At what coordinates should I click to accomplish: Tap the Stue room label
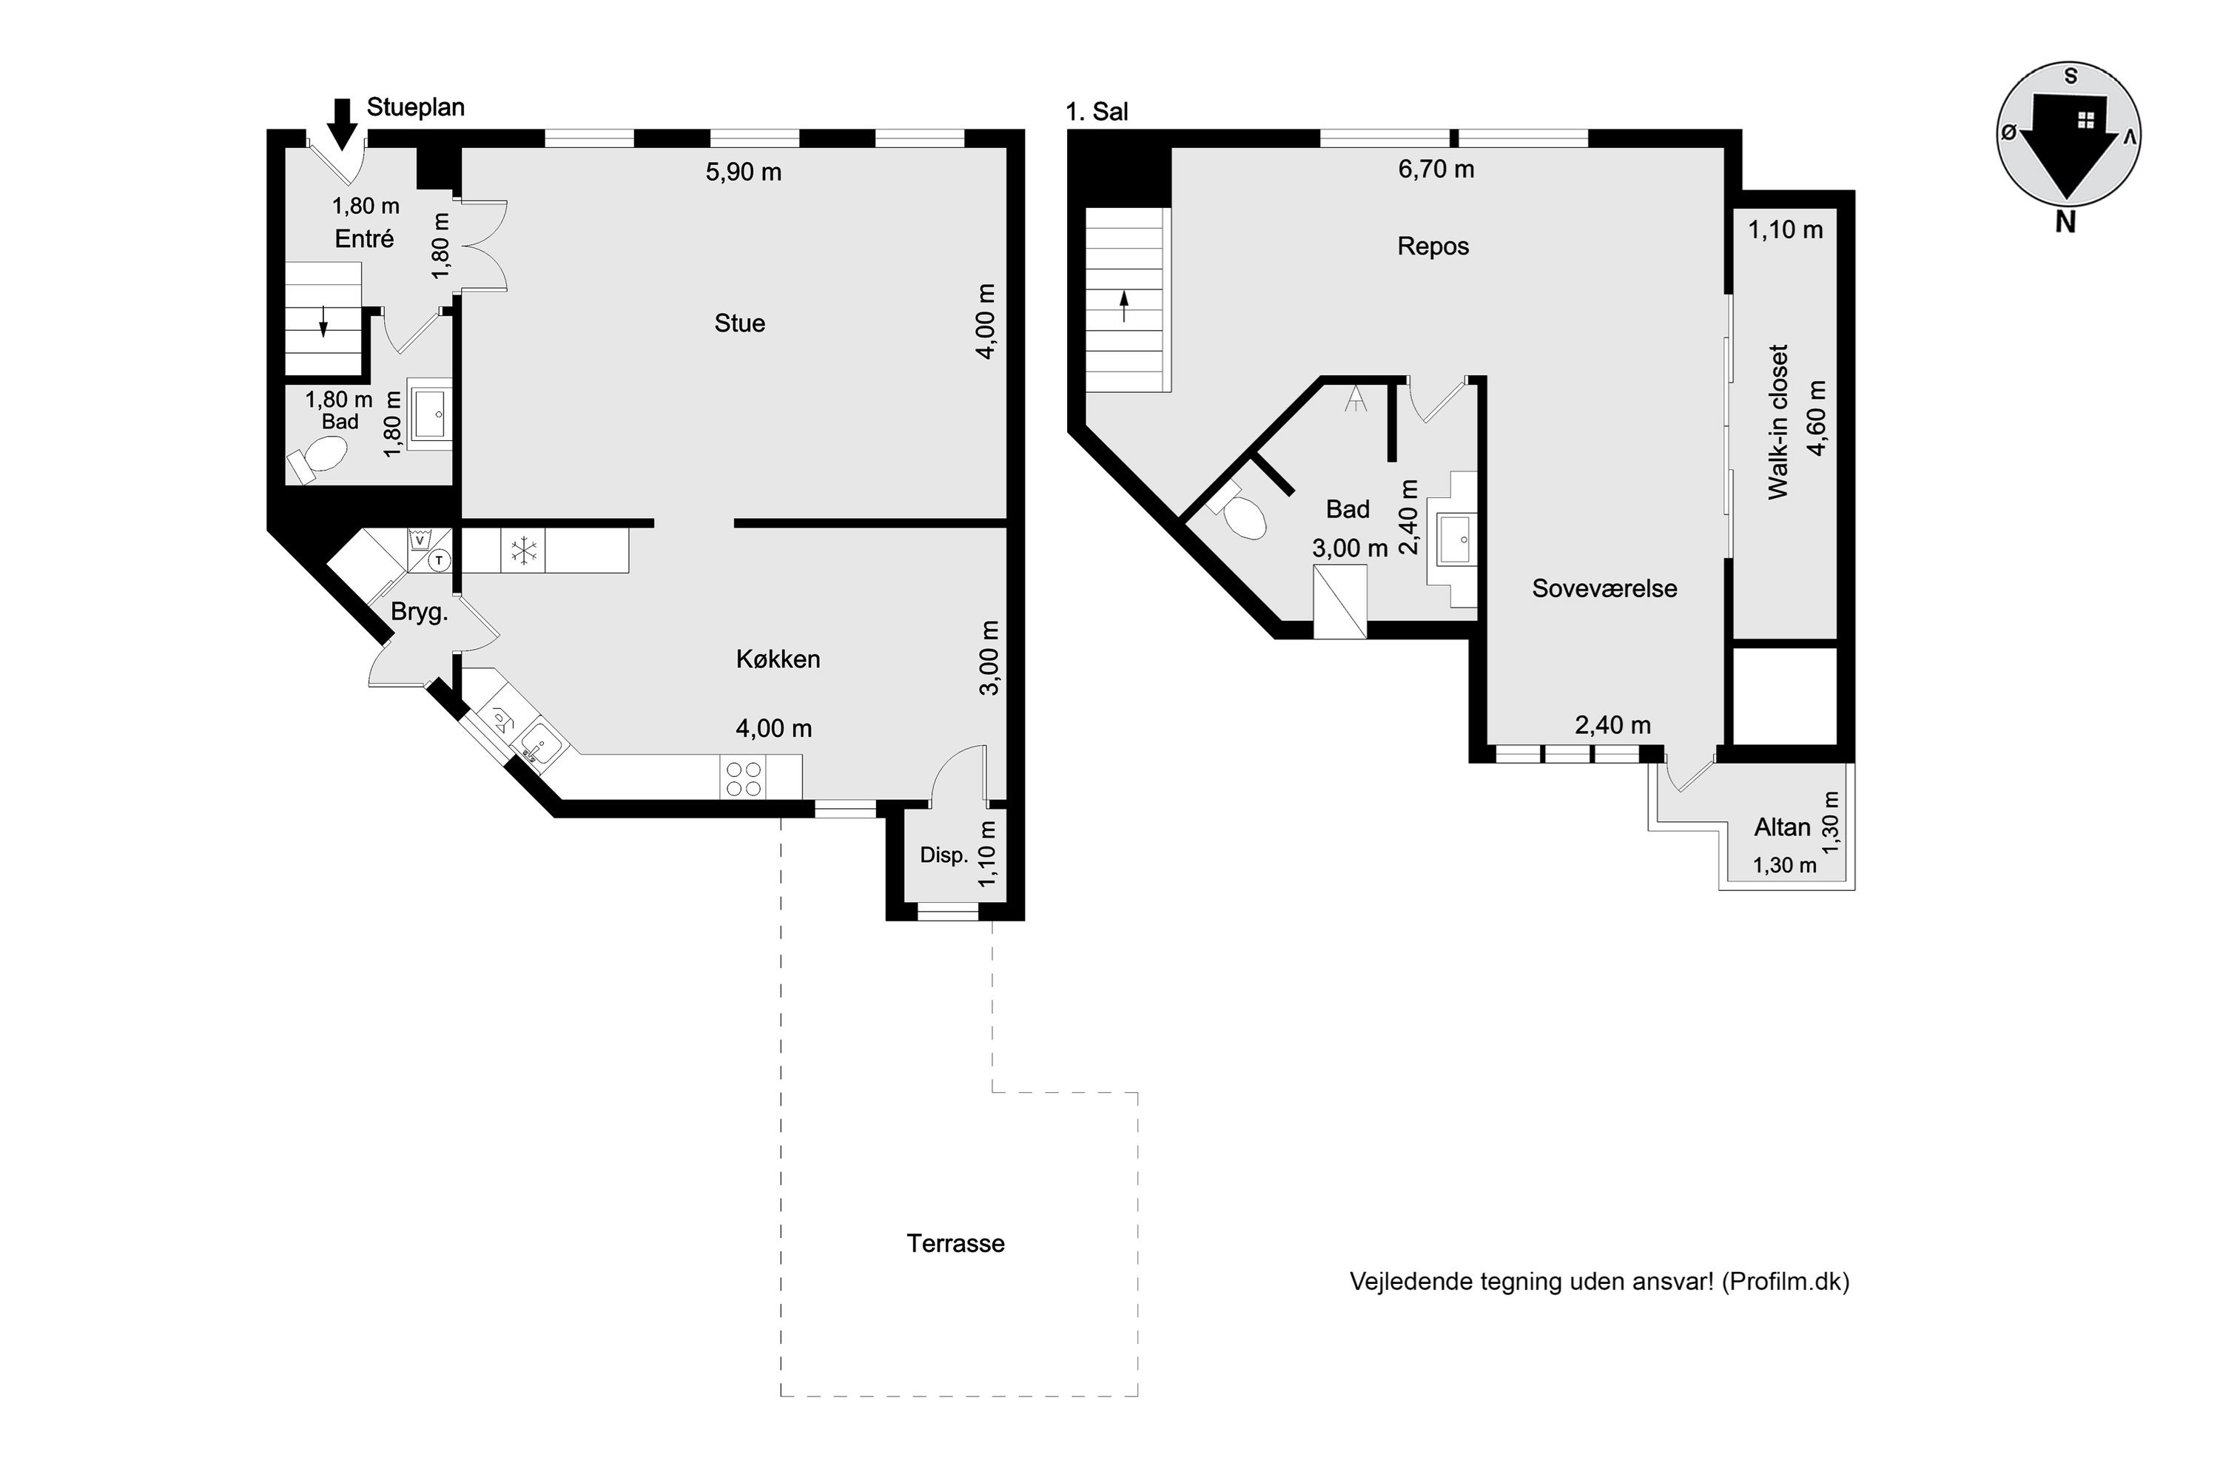pos(740,324)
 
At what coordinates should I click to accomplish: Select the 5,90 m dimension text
pos(744,172)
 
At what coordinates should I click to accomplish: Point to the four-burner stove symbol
pos(743,778)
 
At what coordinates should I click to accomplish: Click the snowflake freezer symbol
pos(523,551)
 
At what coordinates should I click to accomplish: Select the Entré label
pos(364,239)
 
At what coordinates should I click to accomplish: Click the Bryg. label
pos(419,612)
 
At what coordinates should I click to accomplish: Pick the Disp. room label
pos(944,855)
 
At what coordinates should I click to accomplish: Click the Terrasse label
pos(955,1243)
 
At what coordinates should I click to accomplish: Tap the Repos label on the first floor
pos(1433,246)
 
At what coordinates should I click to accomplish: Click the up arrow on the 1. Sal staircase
pos(1124,307)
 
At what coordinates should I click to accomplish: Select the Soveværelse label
pos(1604,588)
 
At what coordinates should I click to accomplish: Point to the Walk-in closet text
pos(1777,422)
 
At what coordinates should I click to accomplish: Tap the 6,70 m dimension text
pos(1436,169)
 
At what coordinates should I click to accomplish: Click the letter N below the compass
pos(2065,223)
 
